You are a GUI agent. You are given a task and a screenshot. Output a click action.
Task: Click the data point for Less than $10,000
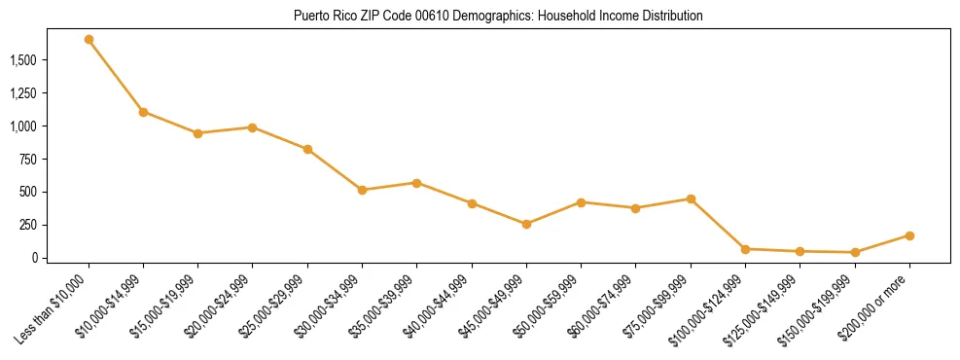[89, 40]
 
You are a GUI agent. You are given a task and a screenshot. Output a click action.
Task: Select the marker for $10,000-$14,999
[143, 112]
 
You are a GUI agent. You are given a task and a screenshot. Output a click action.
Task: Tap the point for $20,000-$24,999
[252, 127]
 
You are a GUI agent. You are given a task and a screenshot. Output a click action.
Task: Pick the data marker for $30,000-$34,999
[362, 190]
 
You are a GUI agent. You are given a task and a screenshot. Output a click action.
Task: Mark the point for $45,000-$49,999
[526, 224]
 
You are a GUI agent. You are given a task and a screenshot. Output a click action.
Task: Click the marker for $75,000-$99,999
[691, 198]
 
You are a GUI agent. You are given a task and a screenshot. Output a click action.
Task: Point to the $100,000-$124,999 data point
[745, 249]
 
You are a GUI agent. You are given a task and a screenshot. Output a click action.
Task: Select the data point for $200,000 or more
[909, 235]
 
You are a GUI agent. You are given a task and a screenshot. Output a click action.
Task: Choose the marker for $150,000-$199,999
[855, 252]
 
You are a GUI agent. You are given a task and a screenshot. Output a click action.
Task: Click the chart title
[497, 17]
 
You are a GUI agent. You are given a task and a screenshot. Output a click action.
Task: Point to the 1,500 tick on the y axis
[23, 60]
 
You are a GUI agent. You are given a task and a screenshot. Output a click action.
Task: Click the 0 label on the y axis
[34, 258]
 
